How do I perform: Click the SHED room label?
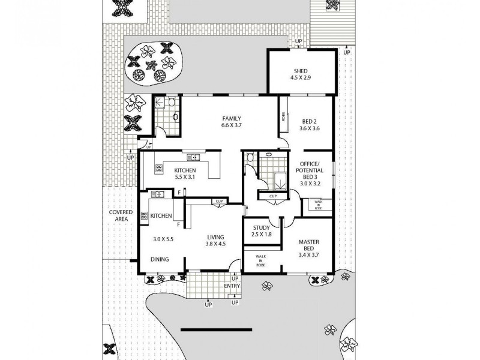click(x=301, y=74)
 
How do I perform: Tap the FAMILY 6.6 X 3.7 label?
click(x=232, y=122)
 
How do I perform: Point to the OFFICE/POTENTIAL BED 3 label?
click(x=310, y=174)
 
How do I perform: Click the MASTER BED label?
click(x=310, y=246)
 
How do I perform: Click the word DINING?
click(x=159, y=259)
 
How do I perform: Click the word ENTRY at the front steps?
click(x=232, y=286)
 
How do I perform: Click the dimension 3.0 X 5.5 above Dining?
click(x=163, y=239)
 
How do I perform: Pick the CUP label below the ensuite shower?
click(x=273, y=196)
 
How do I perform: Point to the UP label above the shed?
click(x=299, y=41)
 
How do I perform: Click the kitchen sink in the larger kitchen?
click(x=194, y=157)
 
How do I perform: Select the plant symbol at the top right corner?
click(x=332, y=5)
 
